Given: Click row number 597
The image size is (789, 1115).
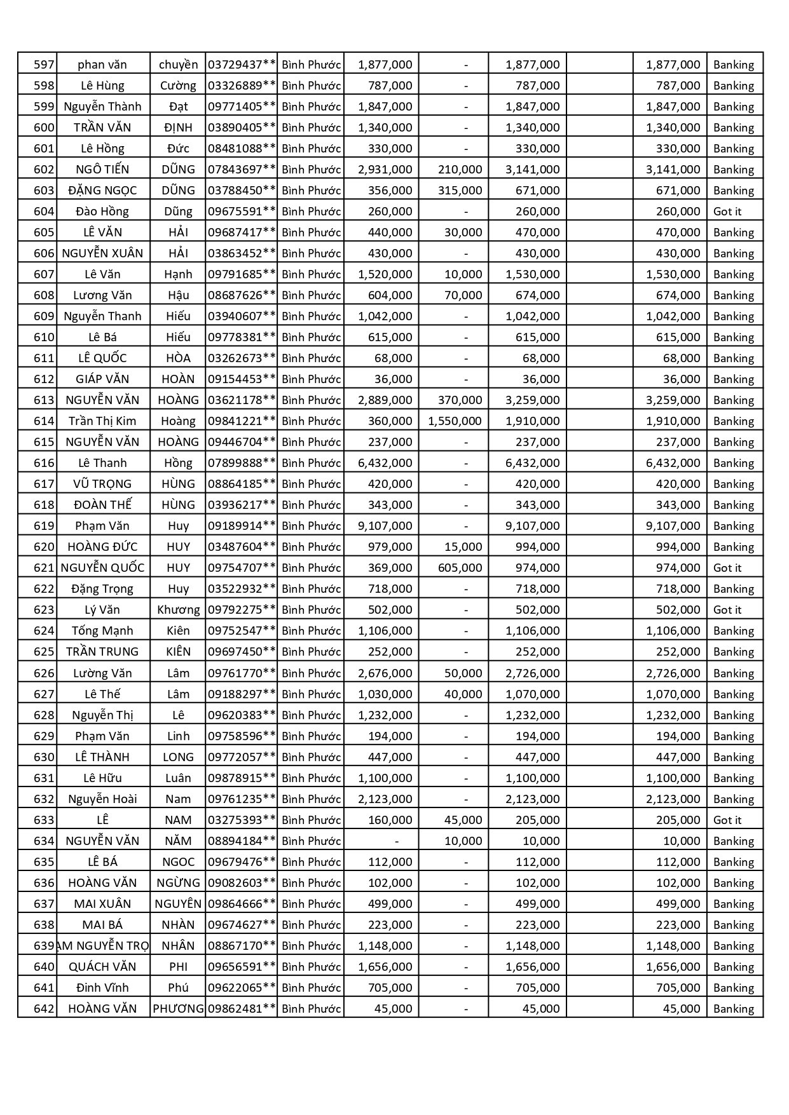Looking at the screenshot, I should tap(44, 65).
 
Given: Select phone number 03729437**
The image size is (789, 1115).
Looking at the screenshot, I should tap(242, 65).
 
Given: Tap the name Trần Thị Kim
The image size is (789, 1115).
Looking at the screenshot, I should tap(102, 421).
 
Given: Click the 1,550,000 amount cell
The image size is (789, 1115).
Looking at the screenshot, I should tap(455, 421).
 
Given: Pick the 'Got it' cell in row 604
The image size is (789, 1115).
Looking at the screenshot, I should tap(727, 212).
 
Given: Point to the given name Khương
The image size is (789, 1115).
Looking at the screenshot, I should tap(178, 610).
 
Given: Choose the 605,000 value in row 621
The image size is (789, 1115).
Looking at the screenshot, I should tap(460, 568).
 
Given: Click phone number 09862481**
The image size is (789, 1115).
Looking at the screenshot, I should tap(242, 1009).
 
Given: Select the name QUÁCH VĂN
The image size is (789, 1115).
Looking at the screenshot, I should tap(102, 967).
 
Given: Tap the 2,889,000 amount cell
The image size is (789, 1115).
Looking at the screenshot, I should tap(385, 400).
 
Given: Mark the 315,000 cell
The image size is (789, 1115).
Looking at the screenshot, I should tap(460, 191).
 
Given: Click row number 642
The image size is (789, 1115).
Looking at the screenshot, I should tap(44, 1009).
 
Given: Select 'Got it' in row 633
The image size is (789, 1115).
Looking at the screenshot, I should tap(727, 820).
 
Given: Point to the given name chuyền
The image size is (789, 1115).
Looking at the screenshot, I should tap(178, 65).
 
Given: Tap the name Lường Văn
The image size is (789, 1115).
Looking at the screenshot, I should tap(102, 673).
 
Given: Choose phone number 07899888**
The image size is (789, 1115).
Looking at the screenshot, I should tap(242, 463).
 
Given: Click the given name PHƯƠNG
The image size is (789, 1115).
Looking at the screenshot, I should tap(178, 1009).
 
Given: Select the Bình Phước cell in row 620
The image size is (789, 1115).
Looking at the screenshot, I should tap(311, 547).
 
